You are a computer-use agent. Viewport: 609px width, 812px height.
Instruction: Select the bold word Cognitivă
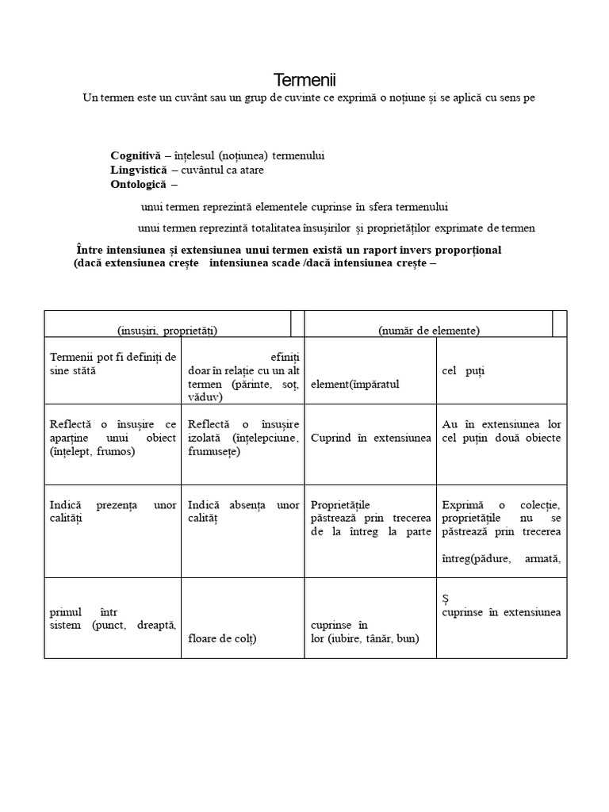(x=135, y=155)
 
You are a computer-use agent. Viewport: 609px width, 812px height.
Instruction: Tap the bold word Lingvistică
(x=139, y=170)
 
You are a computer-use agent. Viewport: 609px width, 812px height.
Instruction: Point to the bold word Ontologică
(x=139, y=184)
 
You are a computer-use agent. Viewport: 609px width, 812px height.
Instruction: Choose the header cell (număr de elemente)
(x=428, y=330)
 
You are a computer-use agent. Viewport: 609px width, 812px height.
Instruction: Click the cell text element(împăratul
(x=354, y=384)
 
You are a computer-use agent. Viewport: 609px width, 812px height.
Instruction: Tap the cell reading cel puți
(x=463, y=370)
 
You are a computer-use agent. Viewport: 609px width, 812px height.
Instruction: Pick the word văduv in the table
(x=205, y=396)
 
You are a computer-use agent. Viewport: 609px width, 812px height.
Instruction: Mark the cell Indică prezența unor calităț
(x=113, y=511)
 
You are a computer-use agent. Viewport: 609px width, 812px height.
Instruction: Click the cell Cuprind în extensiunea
(x=371, y=438)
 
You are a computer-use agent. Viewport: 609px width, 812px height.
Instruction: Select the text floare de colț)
(x=222, y=638)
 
